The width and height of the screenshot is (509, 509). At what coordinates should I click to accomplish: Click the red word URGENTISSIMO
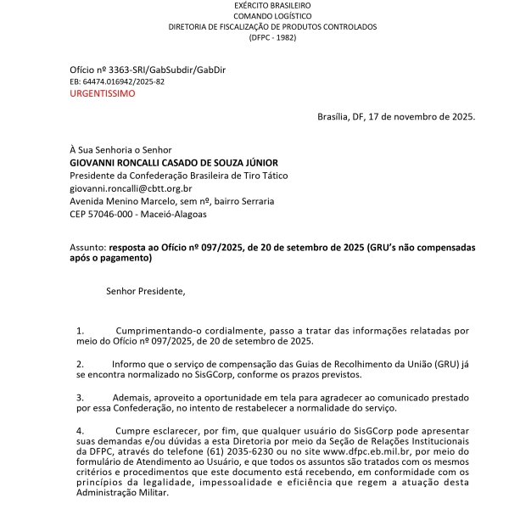coord(102,93)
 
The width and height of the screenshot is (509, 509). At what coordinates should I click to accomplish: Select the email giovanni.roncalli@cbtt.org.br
coord(131,188)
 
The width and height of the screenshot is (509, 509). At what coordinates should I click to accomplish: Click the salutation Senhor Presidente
coord(145,292)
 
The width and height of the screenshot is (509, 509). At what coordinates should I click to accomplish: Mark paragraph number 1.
coord(80,329)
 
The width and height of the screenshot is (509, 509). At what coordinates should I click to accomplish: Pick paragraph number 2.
coord(80,363)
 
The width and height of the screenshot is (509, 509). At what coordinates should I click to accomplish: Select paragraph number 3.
coord(80,397)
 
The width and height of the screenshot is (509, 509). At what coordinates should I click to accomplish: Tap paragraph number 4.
coord(80,431)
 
